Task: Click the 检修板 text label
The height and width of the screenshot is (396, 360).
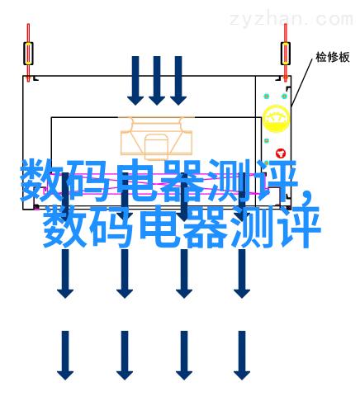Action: (333, 57)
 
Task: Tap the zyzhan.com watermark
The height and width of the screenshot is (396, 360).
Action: (291, 19)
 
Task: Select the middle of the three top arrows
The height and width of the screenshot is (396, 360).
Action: (157, 80)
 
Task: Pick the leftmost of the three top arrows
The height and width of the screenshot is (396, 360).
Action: (135, 80)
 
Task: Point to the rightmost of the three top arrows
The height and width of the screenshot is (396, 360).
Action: (178, 80)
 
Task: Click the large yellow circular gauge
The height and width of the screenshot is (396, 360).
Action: (276, 119)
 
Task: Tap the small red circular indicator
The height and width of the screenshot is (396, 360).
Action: (281, 153)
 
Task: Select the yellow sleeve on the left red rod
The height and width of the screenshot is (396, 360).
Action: (28, 54)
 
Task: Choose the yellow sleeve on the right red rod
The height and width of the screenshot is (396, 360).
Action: (286, 54)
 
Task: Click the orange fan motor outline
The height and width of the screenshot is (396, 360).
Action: (156, 138)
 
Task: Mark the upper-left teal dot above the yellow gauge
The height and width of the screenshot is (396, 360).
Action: (267, 97)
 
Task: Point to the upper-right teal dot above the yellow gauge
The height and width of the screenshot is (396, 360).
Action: (285, 97)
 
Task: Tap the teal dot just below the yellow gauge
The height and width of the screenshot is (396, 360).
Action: (267, 141)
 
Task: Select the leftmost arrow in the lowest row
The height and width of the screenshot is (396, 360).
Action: (65, 356)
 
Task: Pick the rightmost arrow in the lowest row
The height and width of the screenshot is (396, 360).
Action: (242, 356)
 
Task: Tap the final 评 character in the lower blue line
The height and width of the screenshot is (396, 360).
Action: (299, 226)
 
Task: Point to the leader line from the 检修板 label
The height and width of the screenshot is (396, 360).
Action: (301, 82)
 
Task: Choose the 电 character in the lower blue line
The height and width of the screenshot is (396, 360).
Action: (159, 226)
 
